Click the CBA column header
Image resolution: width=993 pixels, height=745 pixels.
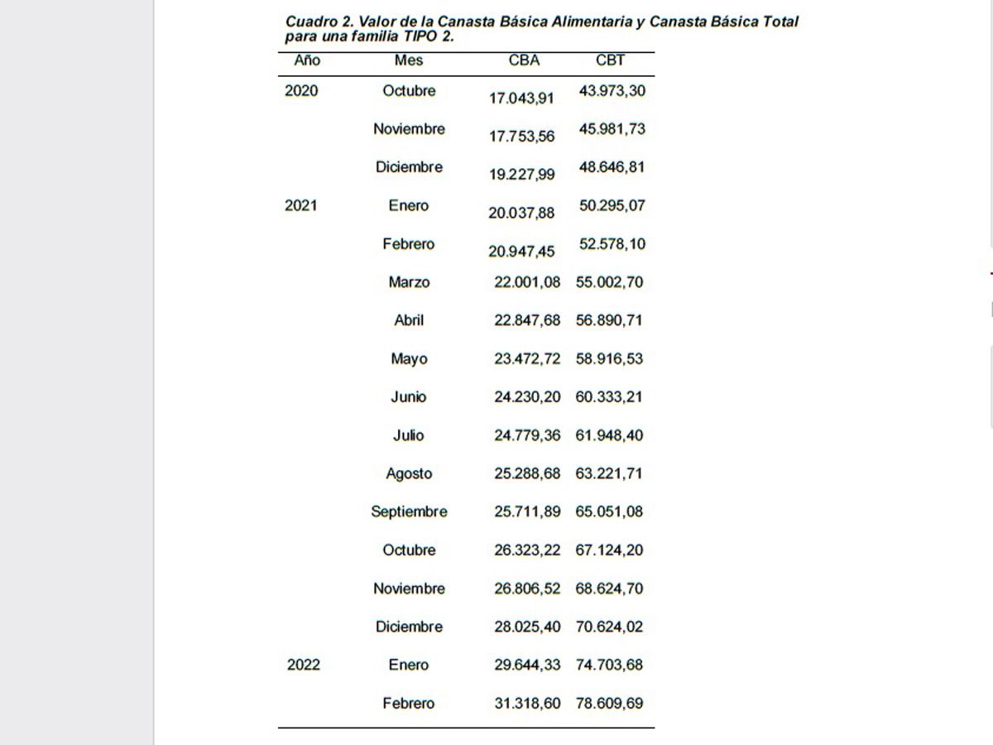pyautogui.click(x=524, y=60)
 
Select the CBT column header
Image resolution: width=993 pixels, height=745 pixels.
pyautogui.click(x=610, y=60)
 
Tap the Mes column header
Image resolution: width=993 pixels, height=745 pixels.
pyautogui.click(x=409, y=60)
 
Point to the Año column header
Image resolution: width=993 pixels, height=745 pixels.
pyautogui.click(x=307, y=60)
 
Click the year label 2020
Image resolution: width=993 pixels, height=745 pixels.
pyautogui.click(x=301, y=91)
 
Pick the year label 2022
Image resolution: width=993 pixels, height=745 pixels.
pyautogui.click(x=304, y=666)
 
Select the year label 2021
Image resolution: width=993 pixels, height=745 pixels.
pyautogui.click(x=301, y=206)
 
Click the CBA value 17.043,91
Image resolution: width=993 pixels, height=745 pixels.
pyautogui.click(x=521, y=98)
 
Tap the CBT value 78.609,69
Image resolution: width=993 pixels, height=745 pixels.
pyautogui.click(x=609, y=704)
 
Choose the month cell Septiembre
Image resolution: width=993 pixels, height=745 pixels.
pyautogui.click(x=409, y=512)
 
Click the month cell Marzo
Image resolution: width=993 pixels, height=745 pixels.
pyautogui.click(x=409, y=282)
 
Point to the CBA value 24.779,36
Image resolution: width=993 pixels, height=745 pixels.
pyautogui.click(x=527, y=435)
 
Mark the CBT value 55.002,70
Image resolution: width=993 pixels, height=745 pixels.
pyautogui.click(x=609, y=282)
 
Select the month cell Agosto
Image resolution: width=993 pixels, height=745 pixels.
pyautogui.click(x=409, y=474)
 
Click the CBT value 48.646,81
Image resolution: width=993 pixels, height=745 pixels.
pyautogui.click(x=612, y=167)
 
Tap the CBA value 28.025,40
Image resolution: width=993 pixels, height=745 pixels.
pyautogui.click(x=527, y=627)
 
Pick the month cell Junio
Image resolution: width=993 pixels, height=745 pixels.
pyautogui.click(x=409, y=397)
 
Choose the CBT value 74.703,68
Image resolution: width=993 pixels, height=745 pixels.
pyautogui.click(x=609, y=666)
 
